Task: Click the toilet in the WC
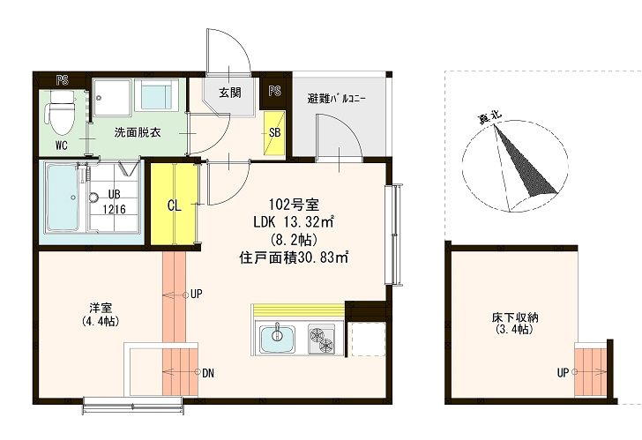click(x=60, y=112)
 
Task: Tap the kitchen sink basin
click(x=277, y=338)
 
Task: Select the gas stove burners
click(x=321, y=339)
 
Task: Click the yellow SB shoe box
click(x=274, y=133)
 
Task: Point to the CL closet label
click(x=175, y=205)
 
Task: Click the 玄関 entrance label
click(x=229, y=93)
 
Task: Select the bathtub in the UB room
click(x=63, y=198)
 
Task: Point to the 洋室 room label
click(x=101, y=308)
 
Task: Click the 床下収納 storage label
click(x=515, y=317)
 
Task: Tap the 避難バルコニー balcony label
click(x=337, y=99)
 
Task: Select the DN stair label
click(x=208, y=373)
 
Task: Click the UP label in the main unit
click(x=197, y=295)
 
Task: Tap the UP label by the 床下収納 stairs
click(x=563, y=372)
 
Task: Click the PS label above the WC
click(x=63, y=80)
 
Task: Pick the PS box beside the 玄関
click(x=275, y=92)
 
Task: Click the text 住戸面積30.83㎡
click(x=294, y=257)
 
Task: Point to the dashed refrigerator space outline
click(x=368, y=339)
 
